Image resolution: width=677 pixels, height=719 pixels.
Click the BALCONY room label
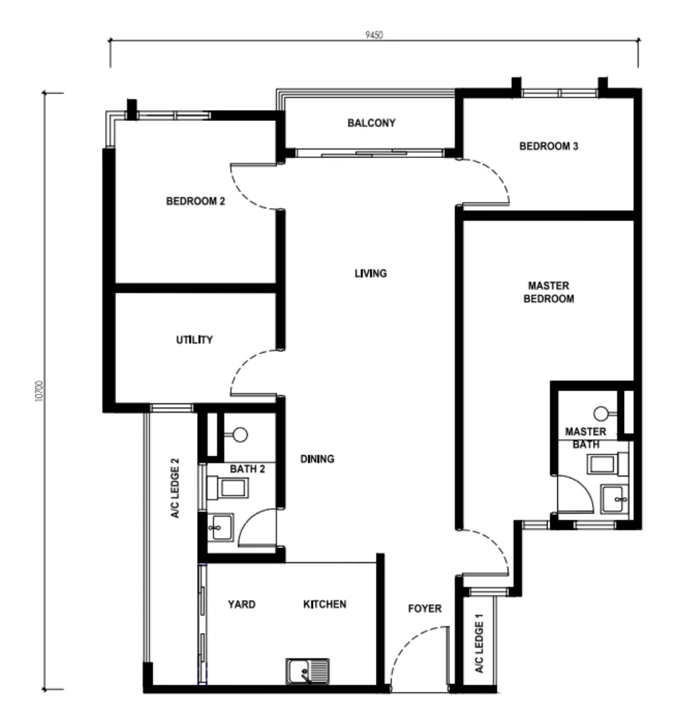(x=371, y=123)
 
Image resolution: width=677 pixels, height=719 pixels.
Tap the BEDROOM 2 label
(x=195, y=201)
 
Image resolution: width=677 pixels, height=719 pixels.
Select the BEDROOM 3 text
(x=548, y=146)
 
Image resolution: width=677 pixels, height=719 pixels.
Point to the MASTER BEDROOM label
(x=548, y=292)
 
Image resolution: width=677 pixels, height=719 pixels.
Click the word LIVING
(x=370, y=274)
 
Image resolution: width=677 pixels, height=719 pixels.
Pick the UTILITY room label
(x=194, y=340)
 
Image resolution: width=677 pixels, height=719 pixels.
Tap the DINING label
(x=316, y=459)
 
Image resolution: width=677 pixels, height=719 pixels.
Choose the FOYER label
(x=425, y=608)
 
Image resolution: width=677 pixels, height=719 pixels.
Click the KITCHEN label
(x=325, y=604)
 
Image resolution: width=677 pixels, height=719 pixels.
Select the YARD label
(x=241, y=604)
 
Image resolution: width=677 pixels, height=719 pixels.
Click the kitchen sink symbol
(x=308, y=671)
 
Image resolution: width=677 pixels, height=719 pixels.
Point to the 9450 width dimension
(x=374, y=35)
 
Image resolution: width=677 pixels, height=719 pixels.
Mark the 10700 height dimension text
(x=39, y=390)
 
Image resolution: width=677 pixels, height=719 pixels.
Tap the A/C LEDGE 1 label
(x=479, y=643)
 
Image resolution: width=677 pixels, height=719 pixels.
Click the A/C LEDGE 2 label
(x=175, y=488)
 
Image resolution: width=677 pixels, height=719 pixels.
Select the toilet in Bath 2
(x=228, y=488)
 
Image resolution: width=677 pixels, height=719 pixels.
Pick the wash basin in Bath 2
(x=220, y=527)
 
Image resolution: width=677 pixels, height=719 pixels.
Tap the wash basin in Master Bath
(x=614, y=499)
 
